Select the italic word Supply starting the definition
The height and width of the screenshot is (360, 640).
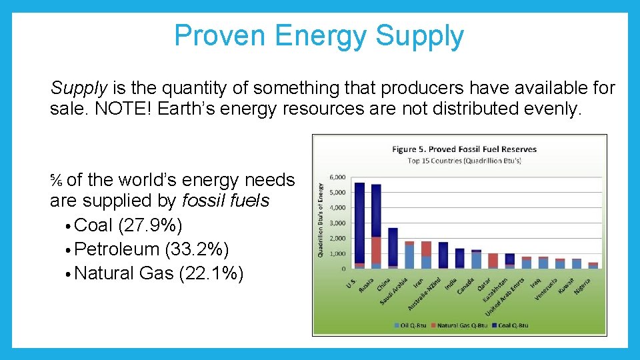click(79, 87)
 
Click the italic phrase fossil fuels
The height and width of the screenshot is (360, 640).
click(225, 201)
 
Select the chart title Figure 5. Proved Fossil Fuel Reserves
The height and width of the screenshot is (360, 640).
click(464, 149)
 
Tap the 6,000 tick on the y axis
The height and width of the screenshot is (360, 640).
click(337, 177)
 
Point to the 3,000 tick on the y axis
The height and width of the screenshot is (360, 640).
click(337, 223)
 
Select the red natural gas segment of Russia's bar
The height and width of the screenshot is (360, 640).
click(376, 250)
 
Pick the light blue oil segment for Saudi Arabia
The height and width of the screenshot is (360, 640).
click(409, 257)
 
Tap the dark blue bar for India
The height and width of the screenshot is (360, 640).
click(459, 258)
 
